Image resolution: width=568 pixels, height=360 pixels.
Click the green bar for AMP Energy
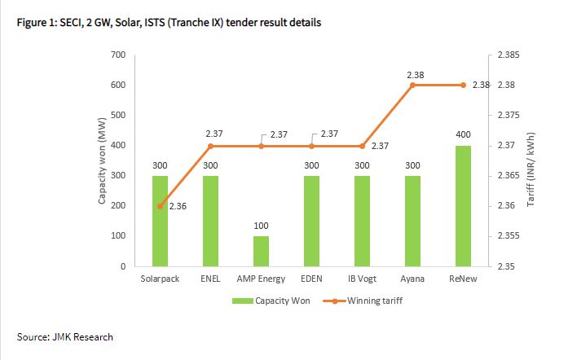pyautogui.click(x=261, y=251)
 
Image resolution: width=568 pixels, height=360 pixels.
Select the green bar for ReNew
pyautogui.click(x=463, y=206)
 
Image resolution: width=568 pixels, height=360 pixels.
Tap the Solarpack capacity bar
pyautogui.click(x=160, y=221)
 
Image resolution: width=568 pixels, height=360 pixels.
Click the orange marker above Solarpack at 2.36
pyautogui.click(x=160, y=206)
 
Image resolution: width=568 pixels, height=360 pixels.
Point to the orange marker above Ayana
pyautogui.click(x=412, y=86)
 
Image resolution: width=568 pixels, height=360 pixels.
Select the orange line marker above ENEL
pyautogui.click(x=210, y=147)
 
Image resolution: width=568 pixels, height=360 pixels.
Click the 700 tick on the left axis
pyautogui.click(x=118, y=55)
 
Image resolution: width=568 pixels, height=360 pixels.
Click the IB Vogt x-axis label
pyautogui.click(x=362, y=278)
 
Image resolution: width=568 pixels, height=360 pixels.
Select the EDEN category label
pyautogui.click(x=311, y=278)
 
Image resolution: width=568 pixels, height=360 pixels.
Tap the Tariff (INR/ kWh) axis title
pyautogui.click(x=531, y=161)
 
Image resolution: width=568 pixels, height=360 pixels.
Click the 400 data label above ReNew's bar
pyautogui.click(x=463, y=134)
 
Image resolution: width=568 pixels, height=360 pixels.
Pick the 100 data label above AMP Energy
pyautogui.click(x=261, y=225)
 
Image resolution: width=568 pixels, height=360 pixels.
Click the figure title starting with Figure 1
pyautogui.click(x=169, y=22)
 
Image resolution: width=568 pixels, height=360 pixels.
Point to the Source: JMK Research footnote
pyautogui.click(x=65, y=336)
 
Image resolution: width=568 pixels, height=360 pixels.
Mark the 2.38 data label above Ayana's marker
pyautogui.click(x=414, y=74)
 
